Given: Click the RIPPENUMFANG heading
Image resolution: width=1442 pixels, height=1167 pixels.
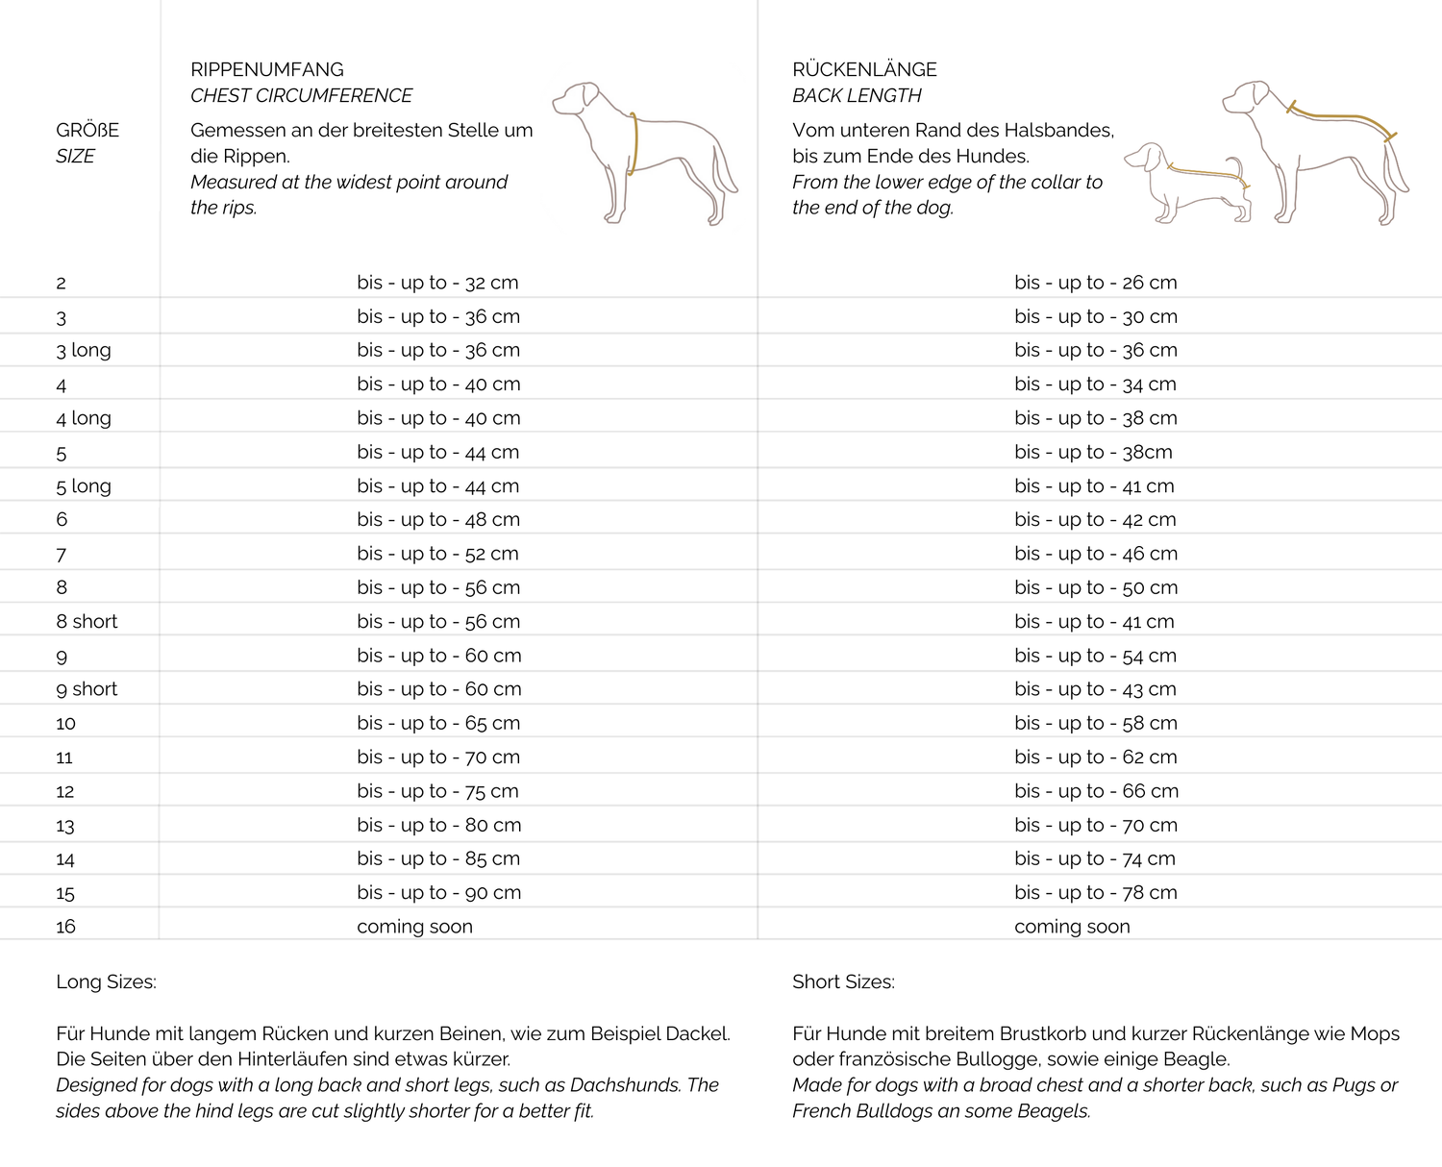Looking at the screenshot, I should [x=267, y=69].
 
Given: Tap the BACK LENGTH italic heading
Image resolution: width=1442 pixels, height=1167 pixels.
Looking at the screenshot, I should [x=857, y=95].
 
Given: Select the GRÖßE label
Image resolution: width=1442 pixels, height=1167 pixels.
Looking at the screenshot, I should [x=87, y=130].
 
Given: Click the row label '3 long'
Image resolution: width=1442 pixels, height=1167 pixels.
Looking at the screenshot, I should [x=84, y=350].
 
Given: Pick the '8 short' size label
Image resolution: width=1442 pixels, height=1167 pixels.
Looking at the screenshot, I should [x=87, y=621].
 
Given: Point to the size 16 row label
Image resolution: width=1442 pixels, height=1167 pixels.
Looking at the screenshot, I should [x=65, y=927].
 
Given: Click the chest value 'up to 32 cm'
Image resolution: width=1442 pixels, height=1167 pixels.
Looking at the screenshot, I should [x=437, y=283].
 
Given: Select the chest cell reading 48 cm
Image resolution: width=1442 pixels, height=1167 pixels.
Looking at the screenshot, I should [x=438, y=519].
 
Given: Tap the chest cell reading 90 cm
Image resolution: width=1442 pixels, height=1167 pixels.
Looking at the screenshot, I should [x=438, y=892].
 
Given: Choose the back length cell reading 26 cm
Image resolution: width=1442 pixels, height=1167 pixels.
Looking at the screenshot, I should [x=1095, y=283].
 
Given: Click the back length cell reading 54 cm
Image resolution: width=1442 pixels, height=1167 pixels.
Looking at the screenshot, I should [x=1095, y=656].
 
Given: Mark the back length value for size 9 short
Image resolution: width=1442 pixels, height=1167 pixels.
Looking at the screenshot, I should [x=1095, y=689].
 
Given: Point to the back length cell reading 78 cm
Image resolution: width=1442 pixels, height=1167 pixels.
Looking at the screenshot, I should [x=1095, y=892].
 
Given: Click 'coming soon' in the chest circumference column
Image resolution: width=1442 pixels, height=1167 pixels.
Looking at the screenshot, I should [x=414, y=927].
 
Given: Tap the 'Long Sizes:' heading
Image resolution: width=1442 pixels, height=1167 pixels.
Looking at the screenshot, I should [x=106, y=981].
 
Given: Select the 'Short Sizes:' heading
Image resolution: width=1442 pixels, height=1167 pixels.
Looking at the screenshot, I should [x=843, y=981].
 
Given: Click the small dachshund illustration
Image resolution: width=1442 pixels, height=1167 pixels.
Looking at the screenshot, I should [x=1187, y=183].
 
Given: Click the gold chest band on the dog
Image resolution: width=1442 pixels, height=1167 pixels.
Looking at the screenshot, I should [x=634, y=144].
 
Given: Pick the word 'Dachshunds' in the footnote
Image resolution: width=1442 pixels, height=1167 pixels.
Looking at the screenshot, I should [x=625, y=1085].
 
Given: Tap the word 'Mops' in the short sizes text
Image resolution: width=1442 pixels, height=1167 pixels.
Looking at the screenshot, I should [x=1375, y=1034].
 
